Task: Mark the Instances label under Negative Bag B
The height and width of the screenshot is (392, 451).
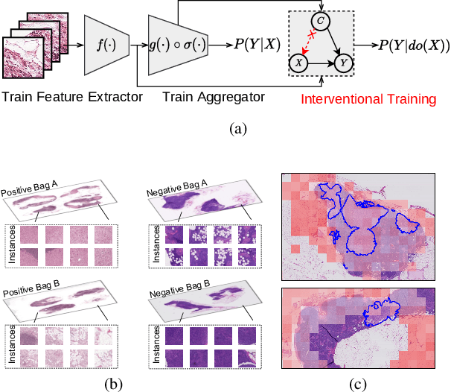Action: pos(156,345)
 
